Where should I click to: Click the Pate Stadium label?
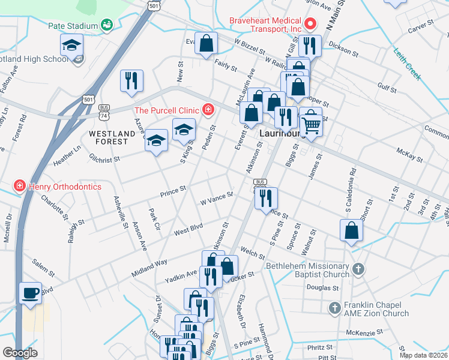(73, 26)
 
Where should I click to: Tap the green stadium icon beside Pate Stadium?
(107, 25)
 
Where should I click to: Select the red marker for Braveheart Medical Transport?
(310, 25)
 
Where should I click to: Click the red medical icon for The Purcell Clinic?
(208, 109)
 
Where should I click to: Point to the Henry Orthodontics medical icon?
(20, 187)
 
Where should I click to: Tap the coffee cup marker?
(30, 293)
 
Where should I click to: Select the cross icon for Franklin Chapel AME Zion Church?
(334, 308)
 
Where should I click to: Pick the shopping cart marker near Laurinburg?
(311, 124)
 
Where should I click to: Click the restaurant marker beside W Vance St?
(267, 197)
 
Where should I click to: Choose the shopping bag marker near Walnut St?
(351, 231)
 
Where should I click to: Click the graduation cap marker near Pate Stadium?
(71, 45)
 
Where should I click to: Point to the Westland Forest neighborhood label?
(109, 137)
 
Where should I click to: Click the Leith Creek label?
(408, 65)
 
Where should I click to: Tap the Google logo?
(20, 353)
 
